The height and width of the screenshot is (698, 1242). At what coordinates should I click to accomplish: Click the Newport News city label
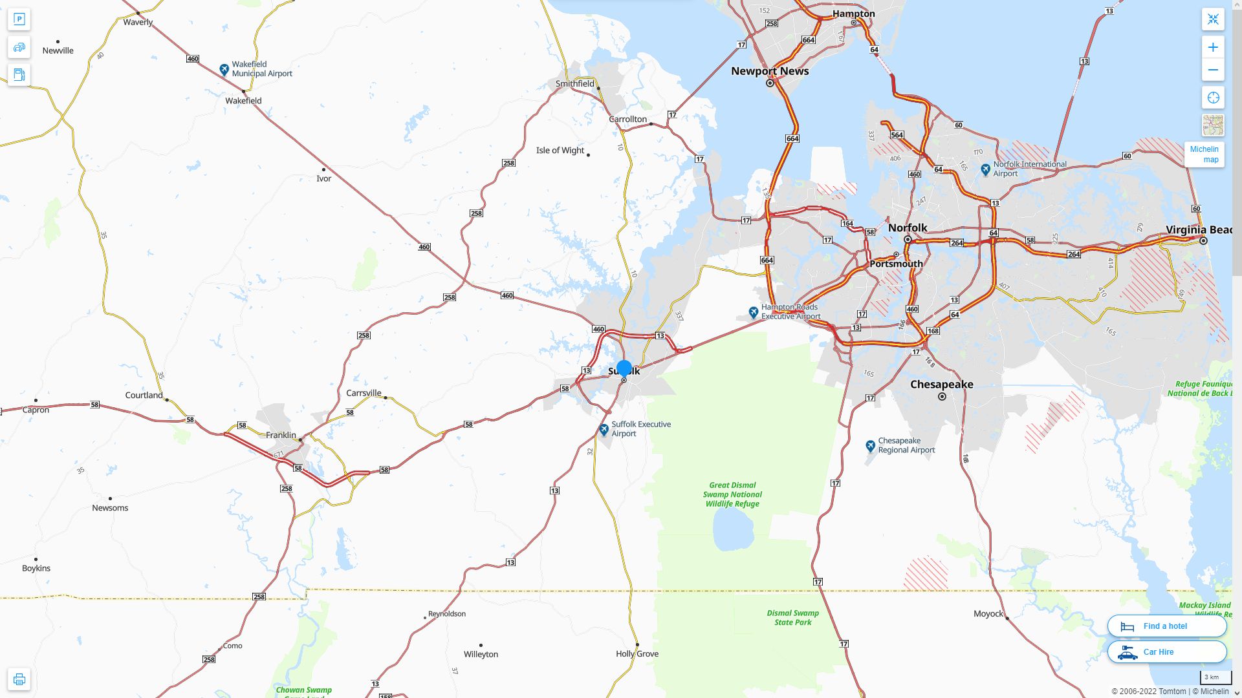[x=770, y=71]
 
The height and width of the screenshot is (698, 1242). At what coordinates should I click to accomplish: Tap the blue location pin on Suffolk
[x=624, y=368]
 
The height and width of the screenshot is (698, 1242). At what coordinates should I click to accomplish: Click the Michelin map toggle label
[x=1204, y=154]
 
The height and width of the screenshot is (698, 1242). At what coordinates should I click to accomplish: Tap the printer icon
[x=19, y=679]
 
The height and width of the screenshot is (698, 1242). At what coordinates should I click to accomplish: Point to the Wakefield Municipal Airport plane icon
[x=224, y=69]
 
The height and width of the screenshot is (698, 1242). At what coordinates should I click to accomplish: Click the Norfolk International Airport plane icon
[x=985, y=169]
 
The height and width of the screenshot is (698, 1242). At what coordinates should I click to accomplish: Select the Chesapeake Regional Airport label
[x=906, y=445]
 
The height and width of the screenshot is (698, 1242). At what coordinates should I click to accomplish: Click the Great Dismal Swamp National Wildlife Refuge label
[x=732, y=494]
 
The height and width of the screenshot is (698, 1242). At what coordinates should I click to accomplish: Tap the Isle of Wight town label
[x=560, y=151]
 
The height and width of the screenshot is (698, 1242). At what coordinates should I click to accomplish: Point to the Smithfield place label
[x=574, y=84]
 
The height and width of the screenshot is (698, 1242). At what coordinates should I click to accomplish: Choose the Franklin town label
[x=281, y=435]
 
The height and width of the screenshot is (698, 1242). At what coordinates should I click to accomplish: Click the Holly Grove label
[x=637, y=654]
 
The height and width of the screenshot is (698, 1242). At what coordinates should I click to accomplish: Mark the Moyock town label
[x=988, y=614]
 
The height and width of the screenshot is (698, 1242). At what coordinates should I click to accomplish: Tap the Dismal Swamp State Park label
[x=793, y=618]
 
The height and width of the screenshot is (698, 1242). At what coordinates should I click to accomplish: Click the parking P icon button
[x=19, y=19]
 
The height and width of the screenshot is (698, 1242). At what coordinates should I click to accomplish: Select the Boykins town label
[x=36, y=569]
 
